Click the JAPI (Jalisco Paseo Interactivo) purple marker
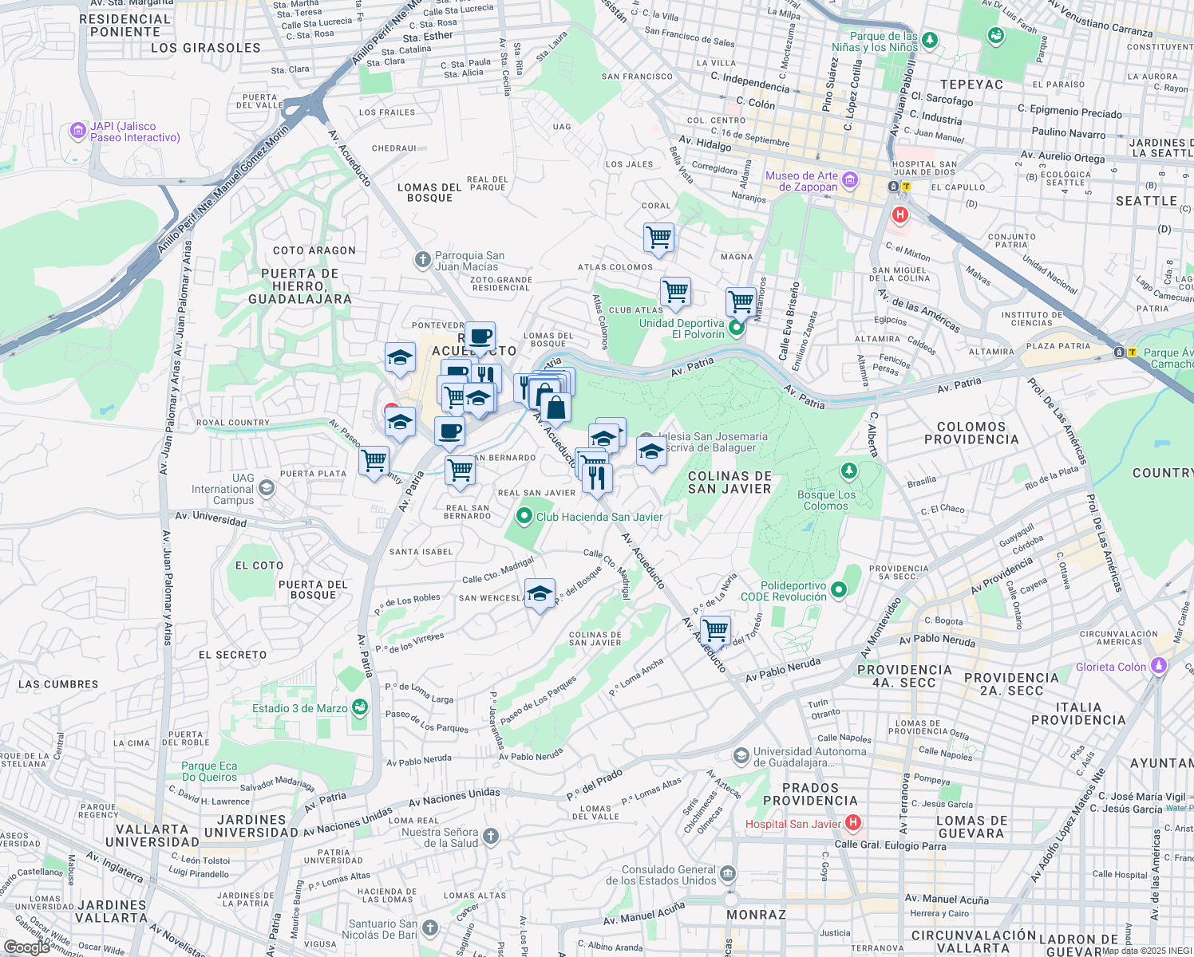tap(78, 130)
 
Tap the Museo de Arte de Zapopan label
tap(801, 181)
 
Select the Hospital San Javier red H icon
tap(853, 822)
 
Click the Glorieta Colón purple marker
tap(1159, 665)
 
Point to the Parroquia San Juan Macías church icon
tap(422, 260)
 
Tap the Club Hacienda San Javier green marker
tap(524, 517)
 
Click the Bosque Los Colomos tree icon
tap(849, 472)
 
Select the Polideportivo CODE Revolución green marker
tap(838, 590)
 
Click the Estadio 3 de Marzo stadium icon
tap(360, 707)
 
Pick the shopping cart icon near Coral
tap(658, 236)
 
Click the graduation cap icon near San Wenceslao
tap(540, 593)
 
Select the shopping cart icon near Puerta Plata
tap(374, 460)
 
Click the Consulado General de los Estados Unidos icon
tap(728, 874)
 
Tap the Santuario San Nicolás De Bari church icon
tap(430, 927)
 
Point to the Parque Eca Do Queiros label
tap(209, 771)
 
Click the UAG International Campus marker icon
tap(267, 487)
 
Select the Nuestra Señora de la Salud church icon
tap(491, 836)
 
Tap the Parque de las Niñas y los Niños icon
tap(929, 39)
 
